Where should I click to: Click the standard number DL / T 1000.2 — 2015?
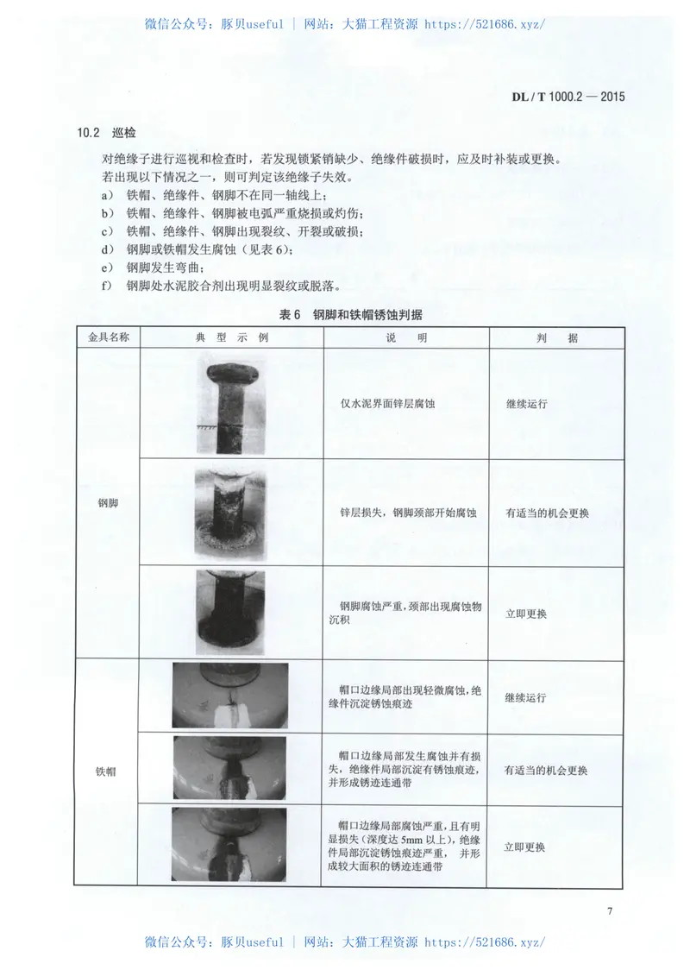562,97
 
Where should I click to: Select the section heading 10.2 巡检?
107,133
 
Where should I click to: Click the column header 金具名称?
108,337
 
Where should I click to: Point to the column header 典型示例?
232,337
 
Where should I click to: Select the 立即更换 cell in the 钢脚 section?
526,614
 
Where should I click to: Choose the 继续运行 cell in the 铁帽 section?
526,697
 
